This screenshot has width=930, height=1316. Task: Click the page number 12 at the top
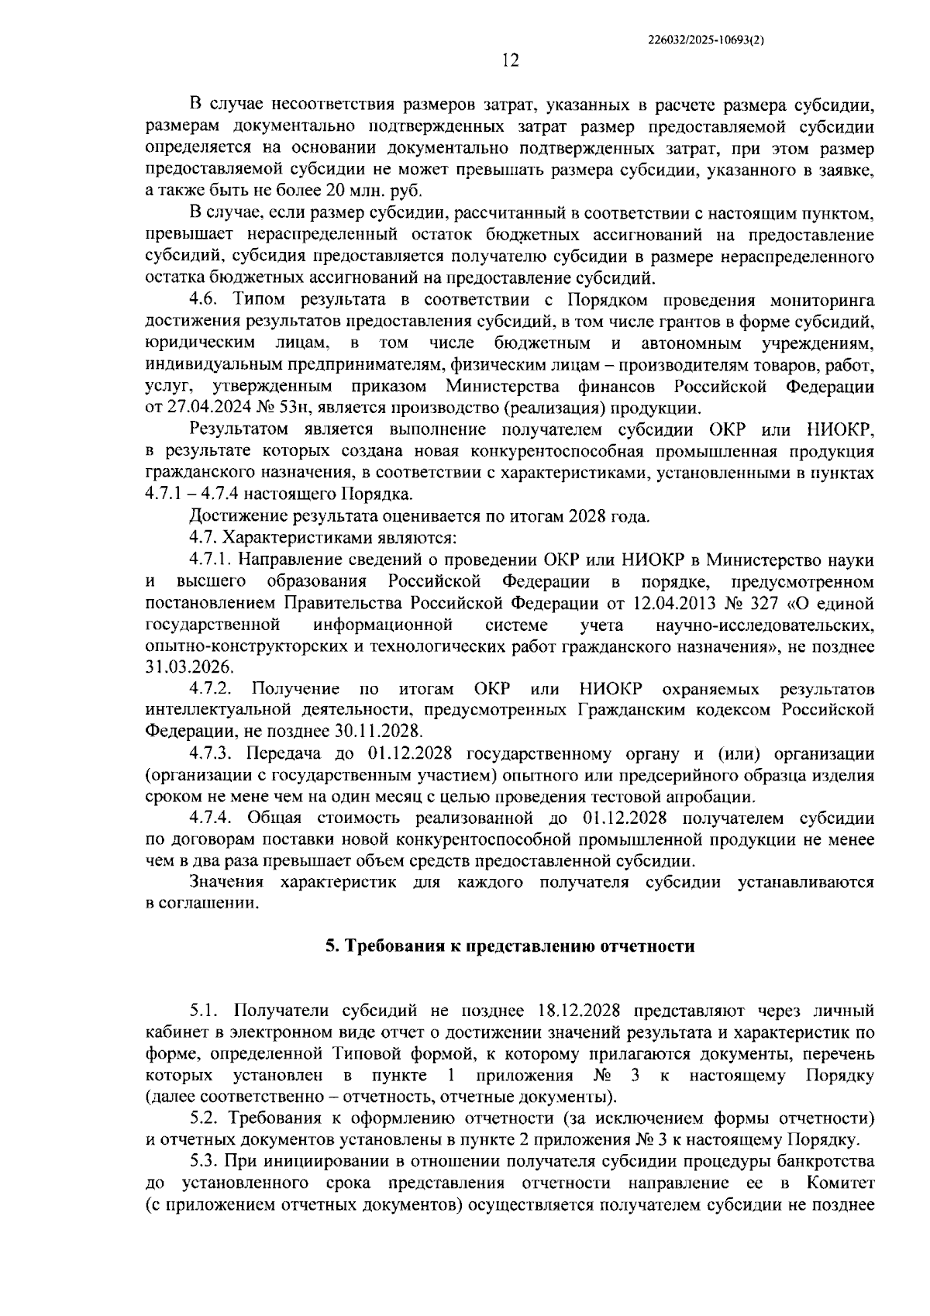point(510,60)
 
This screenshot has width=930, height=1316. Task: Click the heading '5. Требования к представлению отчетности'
point(509,946)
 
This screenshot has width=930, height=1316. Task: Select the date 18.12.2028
point(580,1011)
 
